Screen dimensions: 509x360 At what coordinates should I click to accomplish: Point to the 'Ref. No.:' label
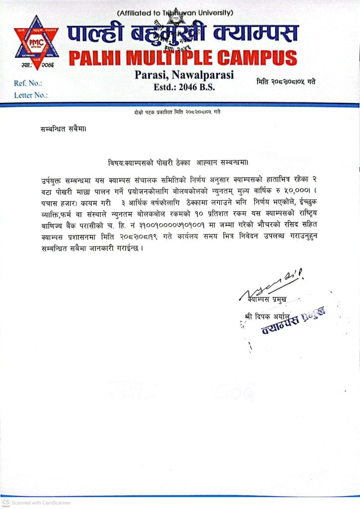[x=28, y=84]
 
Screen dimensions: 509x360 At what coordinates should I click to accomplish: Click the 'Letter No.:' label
[x=31, y=94]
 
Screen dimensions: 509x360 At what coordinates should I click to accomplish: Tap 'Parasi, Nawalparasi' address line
[x=184, y=75]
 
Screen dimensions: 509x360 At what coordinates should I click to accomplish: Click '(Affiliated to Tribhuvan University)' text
[x=176, y=12]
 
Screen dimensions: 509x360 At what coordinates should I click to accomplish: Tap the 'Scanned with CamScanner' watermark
[x=37, y=503]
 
